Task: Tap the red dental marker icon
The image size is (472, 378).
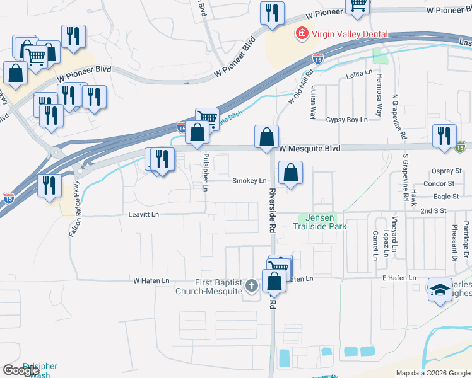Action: pyautogui.click(x=303, y=33)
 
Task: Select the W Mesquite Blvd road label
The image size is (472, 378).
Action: pyautogui.click(x=310, y=148)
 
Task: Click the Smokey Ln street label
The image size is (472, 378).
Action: pyautogui.click(x=249, y=181)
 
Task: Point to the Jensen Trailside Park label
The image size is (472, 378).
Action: pyautogui.click(x=319, y=221)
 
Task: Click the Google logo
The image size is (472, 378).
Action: pyautogui.click(x=21, y=370)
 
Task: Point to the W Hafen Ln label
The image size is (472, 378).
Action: pyautogui.click(x=151, y=280)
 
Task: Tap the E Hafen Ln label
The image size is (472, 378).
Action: pyautogui.click(x=399, y=278)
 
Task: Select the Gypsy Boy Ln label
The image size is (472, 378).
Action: pyautogui.click(x=346, y=120)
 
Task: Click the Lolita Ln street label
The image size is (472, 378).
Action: pyautogui.click(x=359, y=74)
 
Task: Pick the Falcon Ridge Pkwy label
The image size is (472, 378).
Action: pyautogui.click(x=74, y=208)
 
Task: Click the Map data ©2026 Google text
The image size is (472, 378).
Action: pyautogui.click(x=434, y=373)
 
